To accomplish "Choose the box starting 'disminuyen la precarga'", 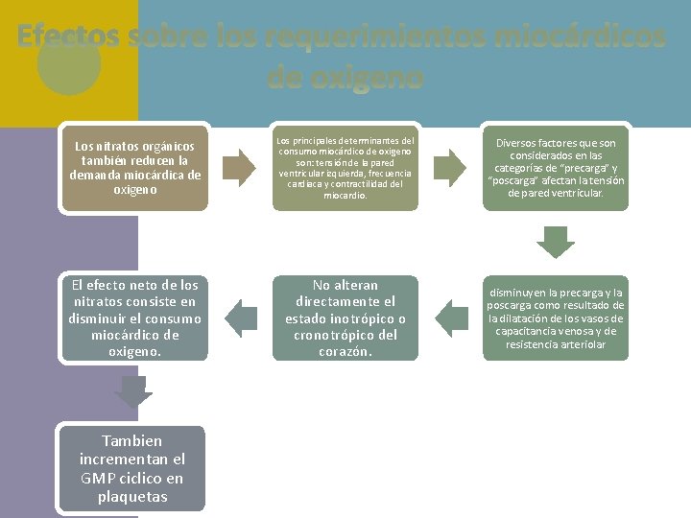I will (x=556, y=318).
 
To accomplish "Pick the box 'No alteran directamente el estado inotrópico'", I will (x=345, y=318).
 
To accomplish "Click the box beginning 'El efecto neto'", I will (x=135, y=318).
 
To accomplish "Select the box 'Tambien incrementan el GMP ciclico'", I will (x=132, y=469).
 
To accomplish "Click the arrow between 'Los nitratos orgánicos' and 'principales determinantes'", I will (x=241, y=167).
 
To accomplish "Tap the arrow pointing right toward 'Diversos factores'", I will (x=451, y=167).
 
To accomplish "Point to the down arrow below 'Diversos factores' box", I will (x=555, y=242).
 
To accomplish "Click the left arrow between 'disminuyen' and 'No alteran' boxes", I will (x=451, y=318).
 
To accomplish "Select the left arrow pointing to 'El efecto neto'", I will (x=241, y=318).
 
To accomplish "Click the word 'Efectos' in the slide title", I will (x=68, y=36).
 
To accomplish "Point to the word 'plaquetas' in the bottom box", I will (x=132, y=497).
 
